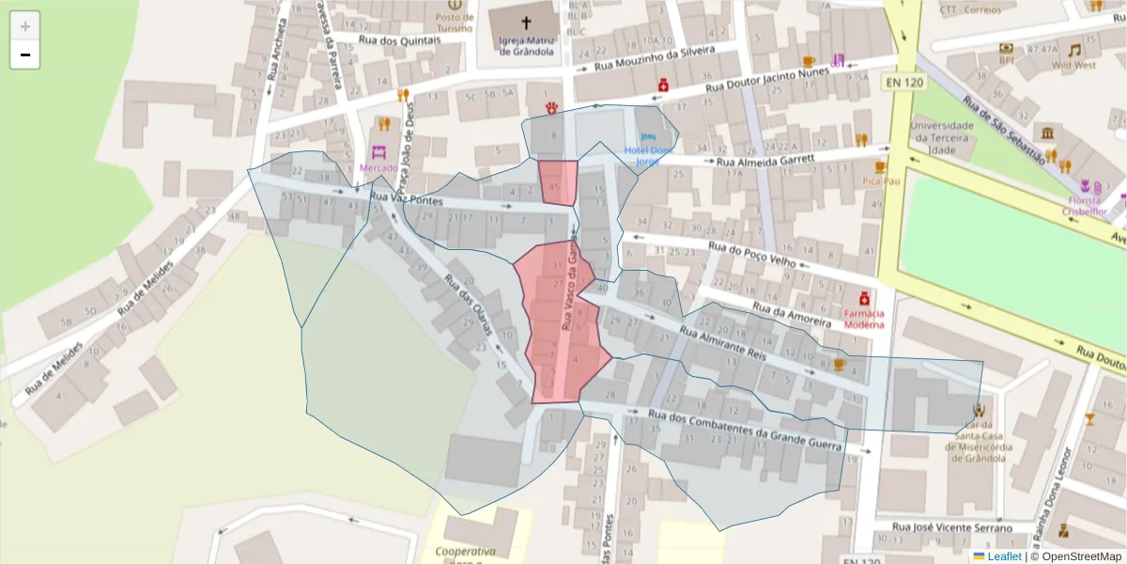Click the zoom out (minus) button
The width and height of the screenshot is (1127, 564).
[x=25, y=55]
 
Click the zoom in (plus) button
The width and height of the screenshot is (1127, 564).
[x=25, y=26]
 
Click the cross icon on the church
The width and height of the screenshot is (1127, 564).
[x=526, y=21]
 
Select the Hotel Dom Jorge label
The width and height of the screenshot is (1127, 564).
[x=649, y=155]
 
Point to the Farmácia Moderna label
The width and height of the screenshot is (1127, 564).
[x=864, y=319]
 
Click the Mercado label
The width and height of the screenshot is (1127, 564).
[x=378, y=168]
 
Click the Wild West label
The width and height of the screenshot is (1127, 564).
[x=1073, y=65]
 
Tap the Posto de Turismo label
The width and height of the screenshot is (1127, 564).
[x=454, y=23]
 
